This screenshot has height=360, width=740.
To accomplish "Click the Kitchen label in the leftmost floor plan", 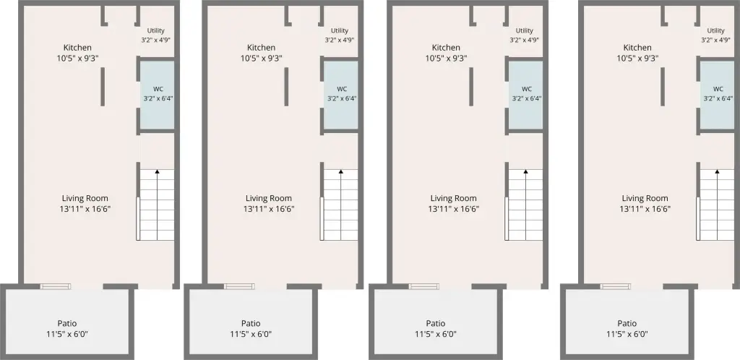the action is [x=77, y=48].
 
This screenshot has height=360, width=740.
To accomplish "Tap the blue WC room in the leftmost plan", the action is [x=158, y=95].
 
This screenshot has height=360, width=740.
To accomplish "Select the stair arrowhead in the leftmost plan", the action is [x=157, y=172].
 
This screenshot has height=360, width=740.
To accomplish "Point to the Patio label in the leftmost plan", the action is [x=67, y=323].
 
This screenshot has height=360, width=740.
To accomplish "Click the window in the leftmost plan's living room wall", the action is [x=55, y=286].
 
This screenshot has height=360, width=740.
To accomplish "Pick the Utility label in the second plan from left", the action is [x=340, y=30].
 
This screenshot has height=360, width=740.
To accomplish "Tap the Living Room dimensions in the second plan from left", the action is [x=269, y=209].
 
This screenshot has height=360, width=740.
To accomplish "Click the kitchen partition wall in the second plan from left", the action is [x=286, y=87].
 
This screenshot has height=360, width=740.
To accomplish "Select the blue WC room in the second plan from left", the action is [x=341, y=95].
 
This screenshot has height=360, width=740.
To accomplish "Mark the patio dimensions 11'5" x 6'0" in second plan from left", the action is [x=251, y=334].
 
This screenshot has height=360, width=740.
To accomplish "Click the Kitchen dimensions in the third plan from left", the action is [x=446, y=59].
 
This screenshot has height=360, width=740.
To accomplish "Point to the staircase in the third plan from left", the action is [x=525, y=205].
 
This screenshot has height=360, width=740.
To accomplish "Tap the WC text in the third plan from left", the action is [x=527, y=89].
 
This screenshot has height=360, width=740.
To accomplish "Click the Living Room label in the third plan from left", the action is [x=454, y=198].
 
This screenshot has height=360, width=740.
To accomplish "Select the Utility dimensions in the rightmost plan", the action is [x=716, y=40].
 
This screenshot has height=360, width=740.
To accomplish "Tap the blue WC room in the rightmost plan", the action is [x=717, y=95].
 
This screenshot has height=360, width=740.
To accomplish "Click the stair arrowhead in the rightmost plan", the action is [x=717, y=172].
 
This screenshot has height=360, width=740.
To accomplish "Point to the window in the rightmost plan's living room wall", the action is [x=616, y=286].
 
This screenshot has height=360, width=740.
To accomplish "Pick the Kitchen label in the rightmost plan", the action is [x=637, y=48].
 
